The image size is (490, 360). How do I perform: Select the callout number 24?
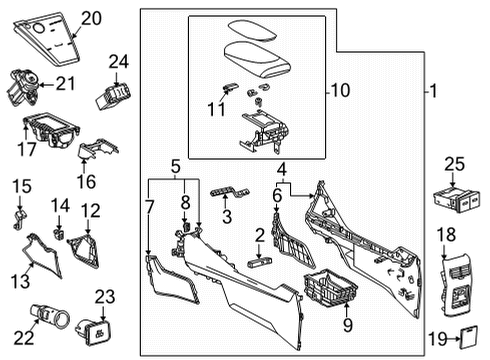(119, 63)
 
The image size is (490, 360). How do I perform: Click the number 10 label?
(341, 91)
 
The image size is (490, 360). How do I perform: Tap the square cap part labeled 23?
(98, 325)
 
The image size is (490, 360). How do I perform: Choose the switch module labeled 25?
(459, 200)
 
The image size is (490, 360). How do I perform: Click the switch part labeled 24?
(116, 98)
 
